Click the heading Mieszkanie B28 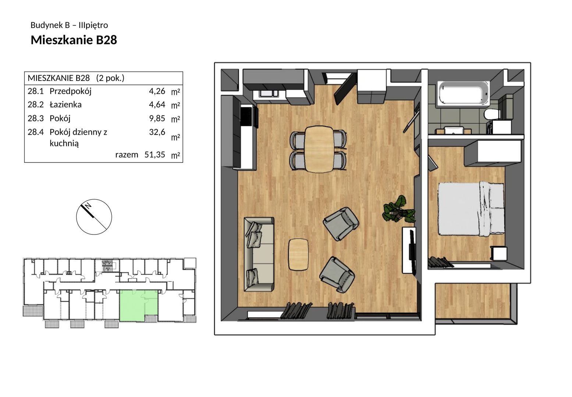pos(74,40)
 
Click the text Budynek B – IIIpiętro pos(69,25)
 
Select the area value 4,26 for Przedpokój pos(157,91)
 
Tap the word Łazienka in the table pos(65,105)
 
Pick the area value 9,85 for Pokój pos(157,118)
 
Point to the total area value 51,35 pos(155,155)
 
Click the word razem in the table pos(127,155)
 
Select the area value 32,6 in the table pos(157,132)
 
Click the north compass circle pos(94,217)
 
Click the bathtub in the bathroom pos(463,93)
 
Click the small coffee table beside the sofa pos(298,254)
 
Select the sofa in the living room pos(259,254)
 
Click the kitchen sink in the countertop pos(269,93)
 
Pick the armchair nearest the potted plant pos(341,224)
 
